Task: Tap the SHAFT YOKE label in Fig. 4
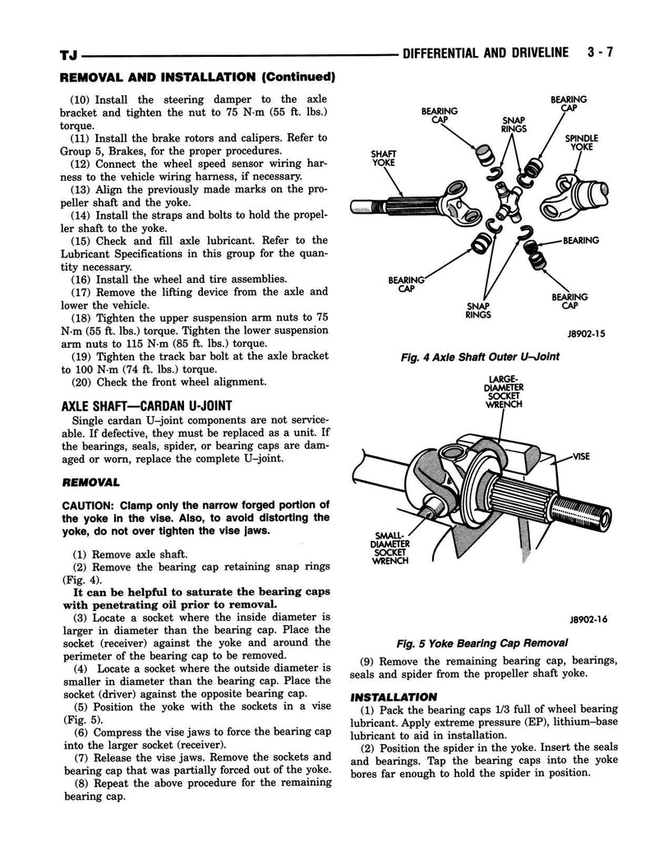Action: (383, 158)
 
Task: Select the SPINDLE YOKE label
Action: (581, 141)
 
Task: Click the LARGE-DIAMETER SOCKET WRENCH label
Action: (504, 391)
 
